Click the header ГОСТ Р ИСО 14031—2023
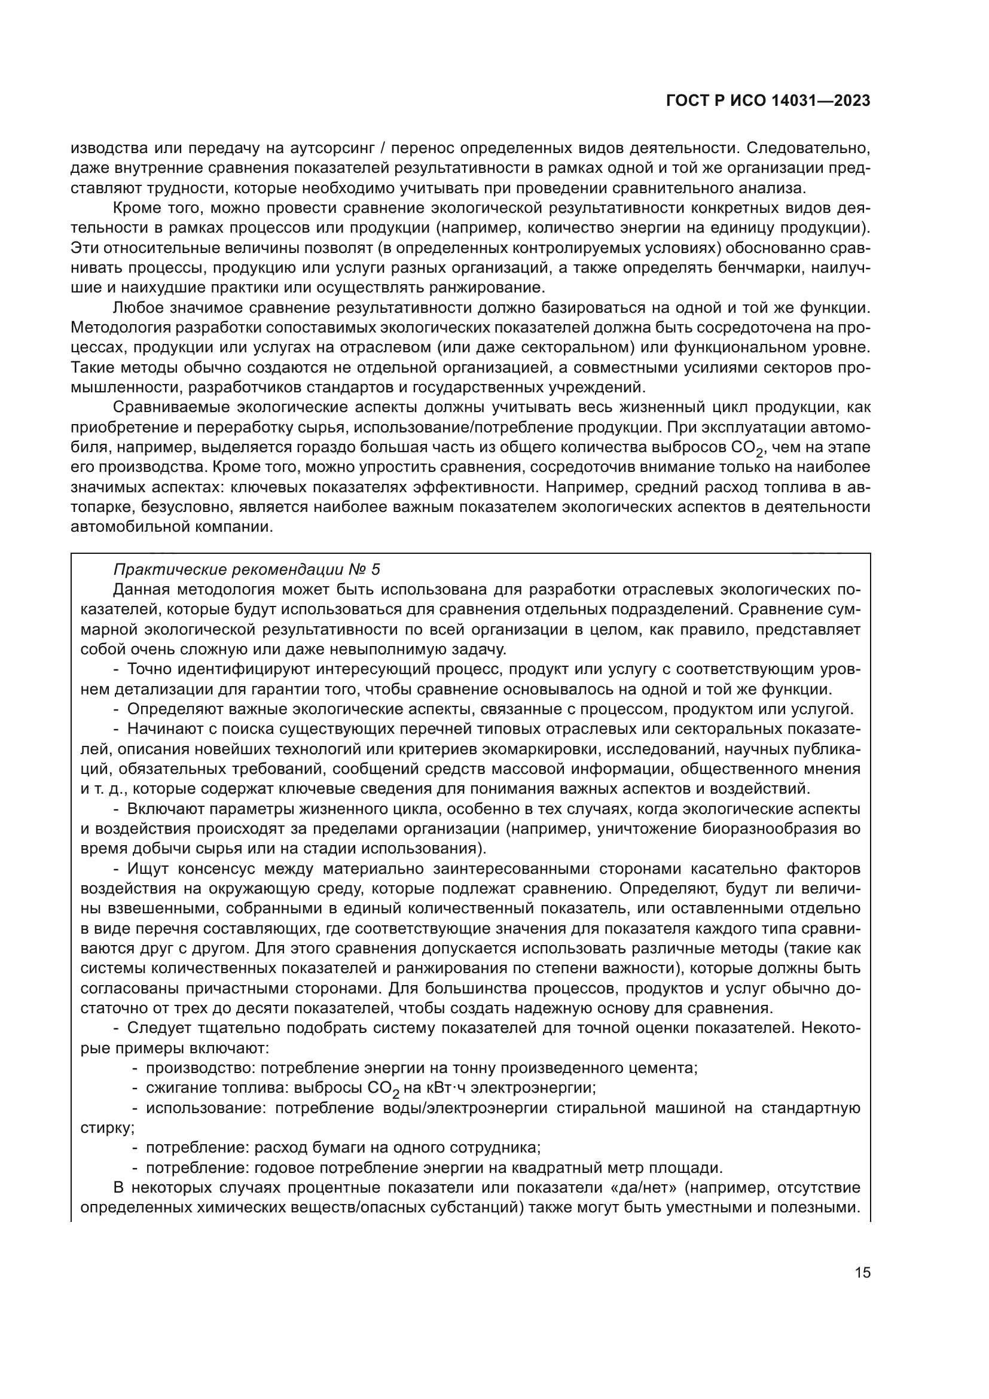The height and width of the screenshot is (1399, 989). pos(768,101)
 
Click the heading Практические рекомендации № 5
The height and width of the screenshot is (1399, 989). pos(246,570)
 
